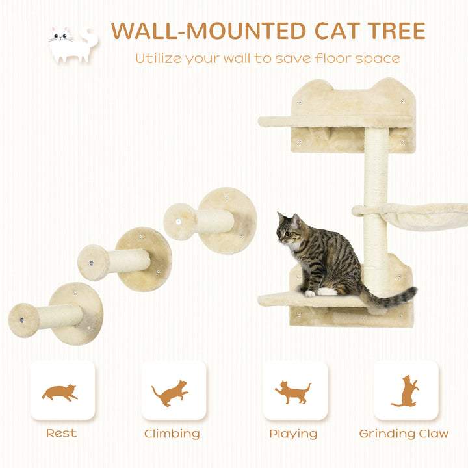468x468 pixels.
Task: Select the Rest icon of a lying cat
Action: [x=60, y=392]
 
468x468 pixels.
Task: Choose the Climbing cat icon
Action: [x=170, y=393]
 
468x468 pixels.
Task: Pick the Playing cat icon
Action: [x=293, y=392]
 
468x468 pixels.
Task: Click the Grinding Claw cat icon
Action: [x=406, y=391]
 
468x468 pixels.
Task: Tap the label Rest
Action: [x=61, y=434]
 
